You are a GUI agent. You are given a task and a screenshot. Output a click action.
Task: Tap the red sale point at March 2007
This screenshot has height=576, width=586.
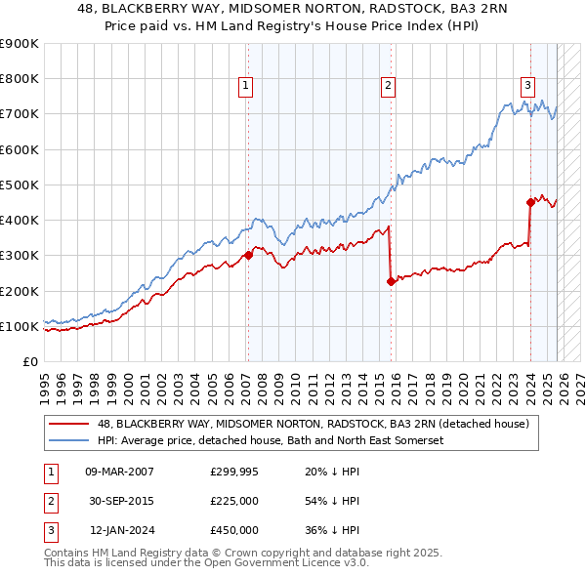pyautogui.click(x=248, y=256)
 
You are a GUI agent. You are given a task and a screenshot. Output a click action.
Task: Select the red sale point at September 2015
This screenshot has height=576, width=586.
pyautogui.click(x=391, y=282)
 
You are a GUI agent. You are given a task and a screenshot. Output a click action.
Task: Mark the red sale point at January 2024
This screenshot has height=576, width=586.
pyautogui.click(x=530, y=203)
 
